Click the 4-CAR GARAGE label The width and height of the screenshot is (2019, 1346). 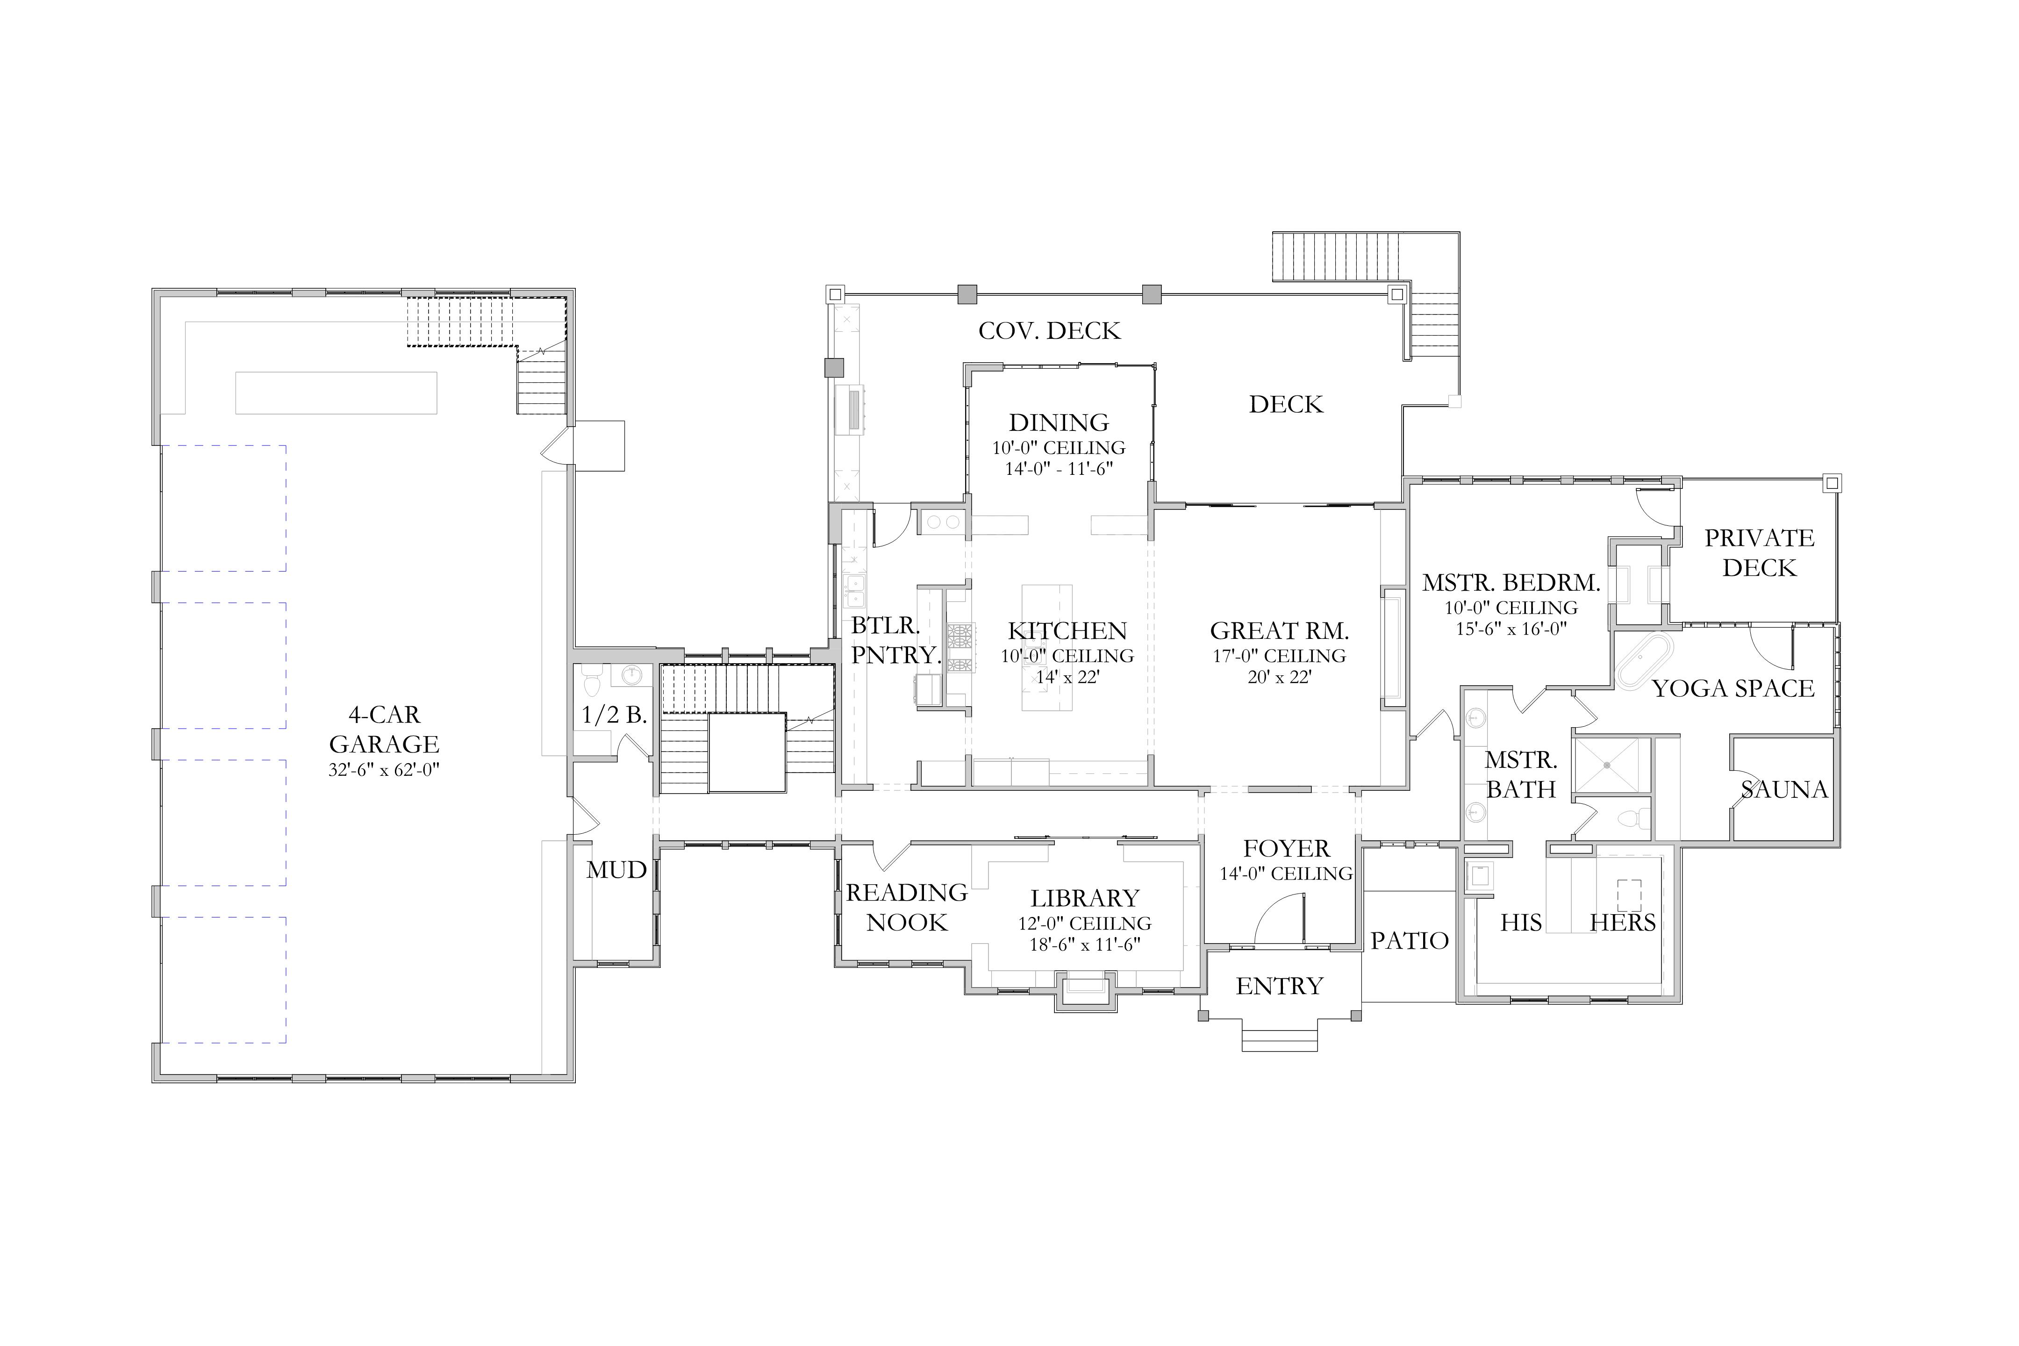click(384, 730)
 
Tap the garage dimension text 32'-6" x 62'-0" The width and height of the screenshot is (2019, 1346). click(384, 770)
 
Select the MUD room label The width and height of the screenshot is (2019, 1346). click(616, 870)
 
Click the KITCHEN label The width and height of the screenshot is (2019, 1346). click(1067, 631)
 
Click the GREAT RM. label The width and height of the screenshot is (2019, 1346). click(1279, 631)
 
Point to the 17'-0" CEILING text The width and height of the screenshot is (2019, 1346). click(1279, 656)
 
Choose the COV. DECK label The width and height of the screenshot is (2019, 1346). click(1049, 330)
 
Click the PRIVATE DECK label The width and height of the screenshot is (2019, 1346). click(1759, 553)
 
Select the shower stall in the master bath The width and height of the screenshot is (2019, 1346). click(1612, 765)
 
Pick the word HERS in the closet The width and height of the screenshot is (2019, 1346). click(1622, 923)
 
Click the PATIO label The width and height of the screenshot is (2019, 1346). click(1410, 941)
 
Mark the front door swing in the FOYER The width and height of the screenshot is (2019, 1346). click(1279, 918)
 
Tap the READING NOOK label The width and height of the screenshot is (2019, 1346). click(907, 907)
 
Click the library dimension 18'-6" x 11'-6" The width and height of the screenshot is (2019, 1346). click(1085, 945)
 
